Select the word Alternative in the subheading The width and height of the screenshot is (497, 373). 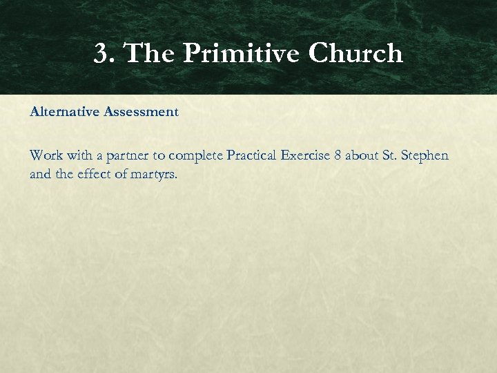[64, 111]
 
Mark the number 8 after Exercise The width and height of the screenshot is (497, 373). [338, 155]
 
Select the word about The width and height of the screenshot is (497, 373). [362, 155]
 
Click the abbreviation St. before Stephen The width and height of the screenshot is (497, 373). [391, 155]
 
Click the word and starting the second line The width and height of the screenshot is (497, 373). [40, 174]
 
